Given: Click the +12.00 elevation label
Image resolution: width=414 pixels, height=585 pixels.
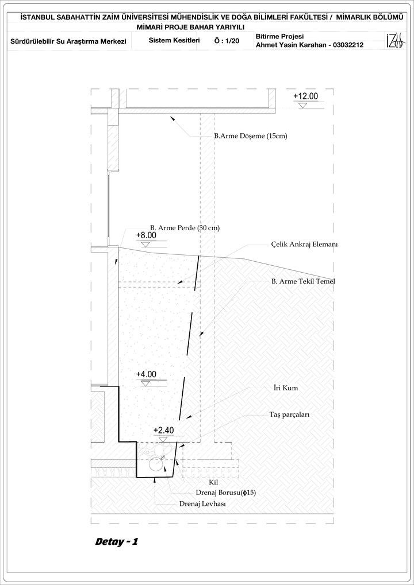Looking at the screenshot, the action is tap(306, 96).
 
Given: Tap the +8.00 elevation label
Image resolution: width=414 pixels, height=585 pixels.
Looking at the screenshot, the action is tap(146, 235).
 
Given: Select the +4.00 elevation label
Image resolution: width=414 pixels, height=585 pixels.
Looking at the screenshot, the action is tap(146, 374).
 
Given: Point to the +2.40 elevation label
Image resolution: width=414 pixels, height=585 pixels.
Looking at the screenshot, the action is tap(164, 430).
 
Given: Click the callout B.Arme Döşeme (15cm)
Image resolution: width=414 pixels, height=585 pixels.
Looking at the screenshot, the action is tap(251, 136).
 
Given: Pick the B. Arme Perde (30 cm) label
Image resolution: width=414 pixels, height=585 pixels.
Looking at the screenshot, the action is tap(185, 227).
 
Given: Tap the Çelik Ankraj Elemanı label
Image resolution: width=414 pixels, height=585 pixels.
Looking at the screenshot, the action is tap(305, 245).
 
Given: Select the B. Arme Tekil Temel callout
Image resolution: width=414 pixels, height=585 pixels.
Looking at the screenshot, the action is tap(304, 281).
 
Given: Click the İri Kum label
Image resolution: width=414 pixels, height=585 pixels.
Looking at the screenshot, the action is tap(285, 388).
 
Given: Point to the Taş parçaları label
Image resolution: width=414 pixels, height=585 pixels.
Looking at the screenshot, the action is tap(290, 414).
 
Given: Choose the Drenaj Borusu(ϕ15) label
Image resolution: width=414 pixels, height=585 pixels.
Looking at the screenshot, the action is tap(225, 493).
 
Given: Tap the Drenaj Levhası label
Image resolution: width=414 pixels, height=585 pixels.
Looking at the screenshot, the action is tap(202, 503).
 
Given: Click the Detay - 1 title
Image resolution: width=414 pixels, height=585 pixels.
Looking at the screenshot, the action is tap(117, 542).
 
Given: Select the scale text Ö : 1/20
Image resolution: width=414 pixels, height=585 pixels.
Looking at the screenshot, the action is tap(227, 41).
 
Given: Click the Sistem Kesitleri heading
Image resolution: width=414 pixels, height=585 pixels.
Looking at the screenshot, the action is tap(174, 40).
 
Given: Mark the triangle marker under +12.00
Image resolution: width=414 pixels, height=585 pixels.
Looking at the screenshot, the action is tap(302, 106).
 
